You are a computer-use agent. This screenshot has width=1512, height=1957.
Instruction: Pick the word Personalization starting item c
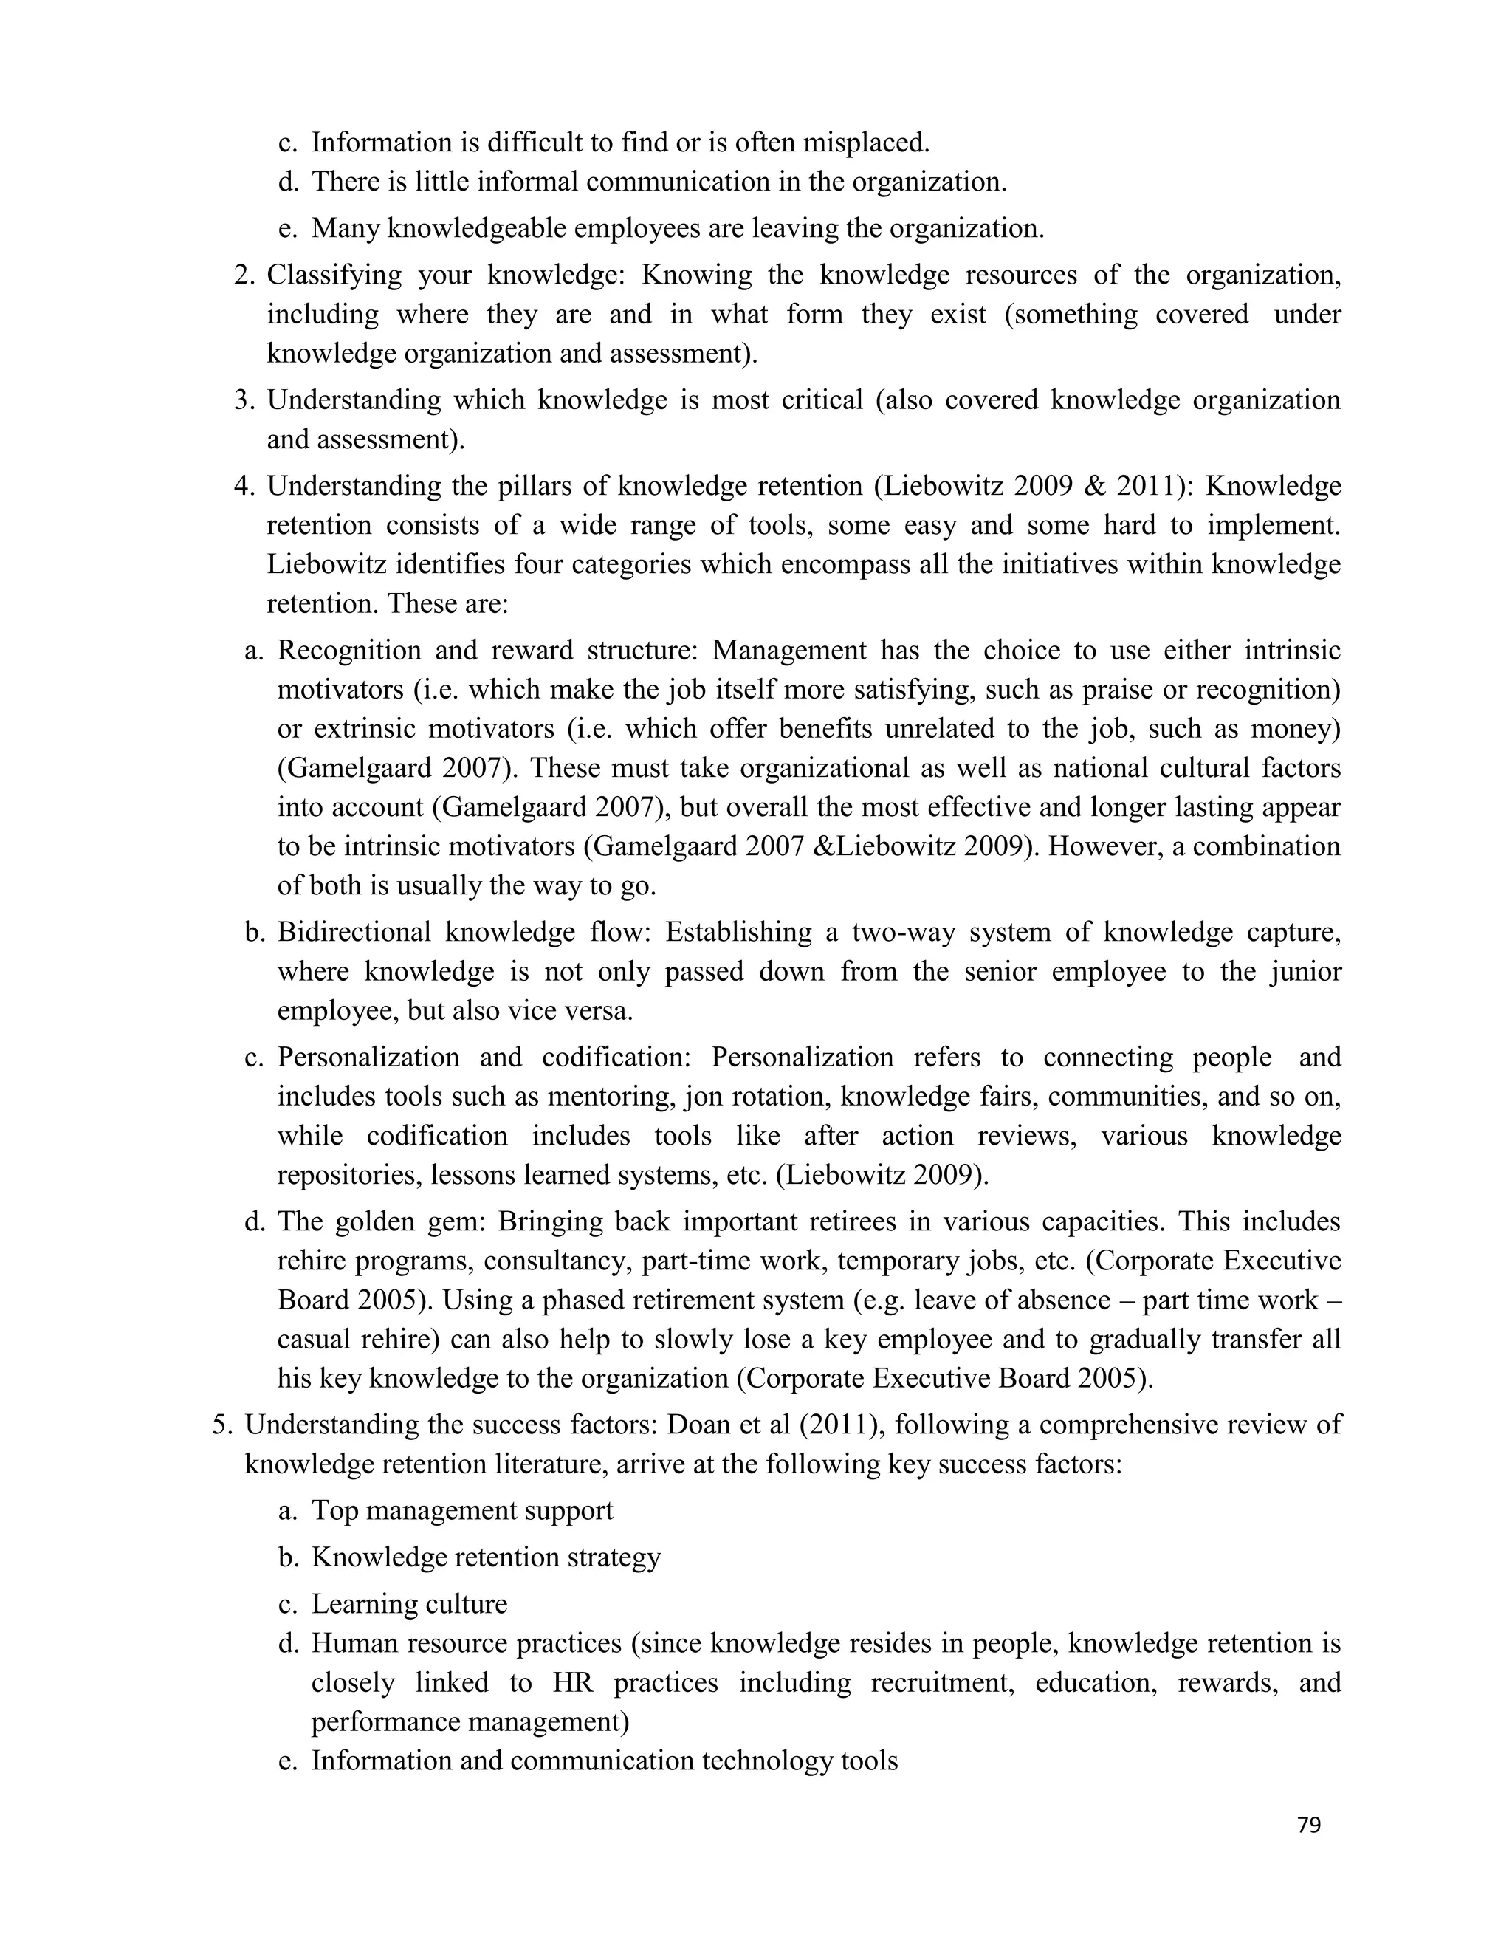(368, 1058)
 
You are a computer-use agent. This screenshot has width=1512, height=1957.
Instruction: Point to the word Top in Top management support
(335, 1511)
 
